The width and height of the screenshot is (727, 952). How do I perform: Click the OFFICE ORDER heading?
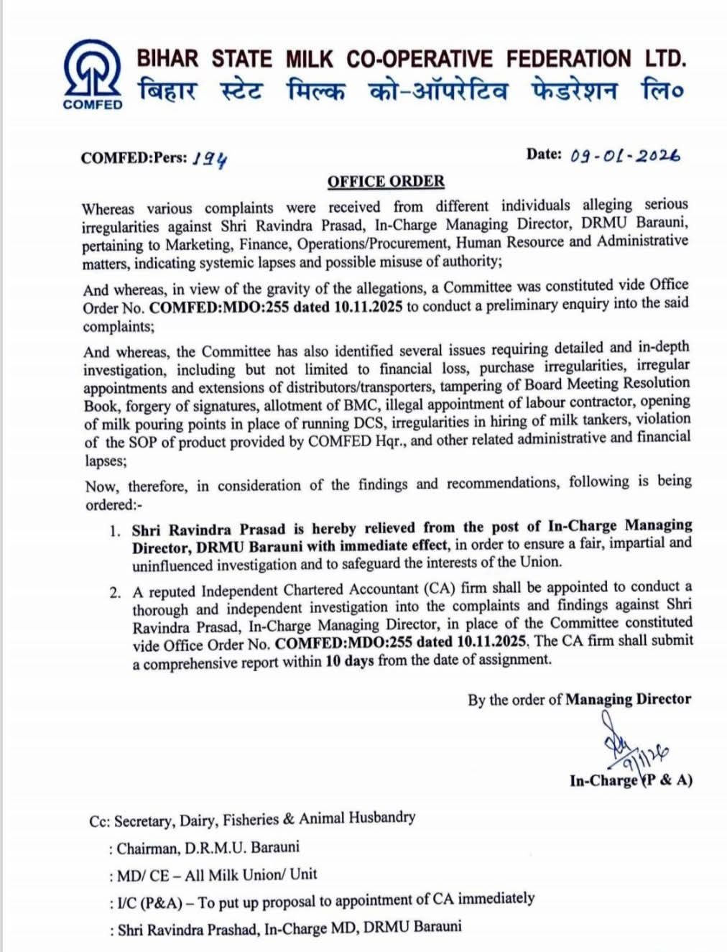click(x=386, y=182)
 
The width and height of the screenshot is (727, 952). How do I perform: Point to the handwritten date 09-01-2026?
click(x=624, y=155)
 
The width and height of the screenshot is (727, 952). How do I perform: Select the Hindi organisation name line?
click(x=411, y=92)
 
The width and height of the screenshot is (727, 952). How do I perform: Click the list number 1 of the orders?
click(x=115, y=531)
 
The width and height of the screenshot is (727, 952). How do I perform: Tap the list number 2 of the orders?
click(x=115, y=593)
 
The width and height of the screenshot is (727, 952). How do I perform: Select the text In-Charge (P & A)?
click(x=631, y=780)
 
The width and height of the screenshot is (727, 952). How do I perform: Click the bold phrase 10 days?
click(x=349, y=661)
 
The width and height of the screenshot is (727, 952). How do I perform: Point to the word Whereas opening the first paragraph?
click(x=108, y=209)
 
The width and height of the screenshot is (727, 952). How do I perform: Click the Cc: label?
click(x=99, y=821)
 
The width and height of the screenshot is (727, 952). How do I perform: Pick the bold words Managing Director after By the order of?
click(x=629, y=699)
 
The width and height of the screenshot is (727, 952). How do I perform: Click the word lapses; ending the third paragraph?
click(x=106, y=461)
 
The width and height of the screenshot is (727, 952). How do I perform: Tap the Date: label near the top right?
click(x=543, y=154)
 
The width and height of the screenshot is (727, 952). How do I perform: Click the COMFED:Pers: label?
click(x=134, y=158)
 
